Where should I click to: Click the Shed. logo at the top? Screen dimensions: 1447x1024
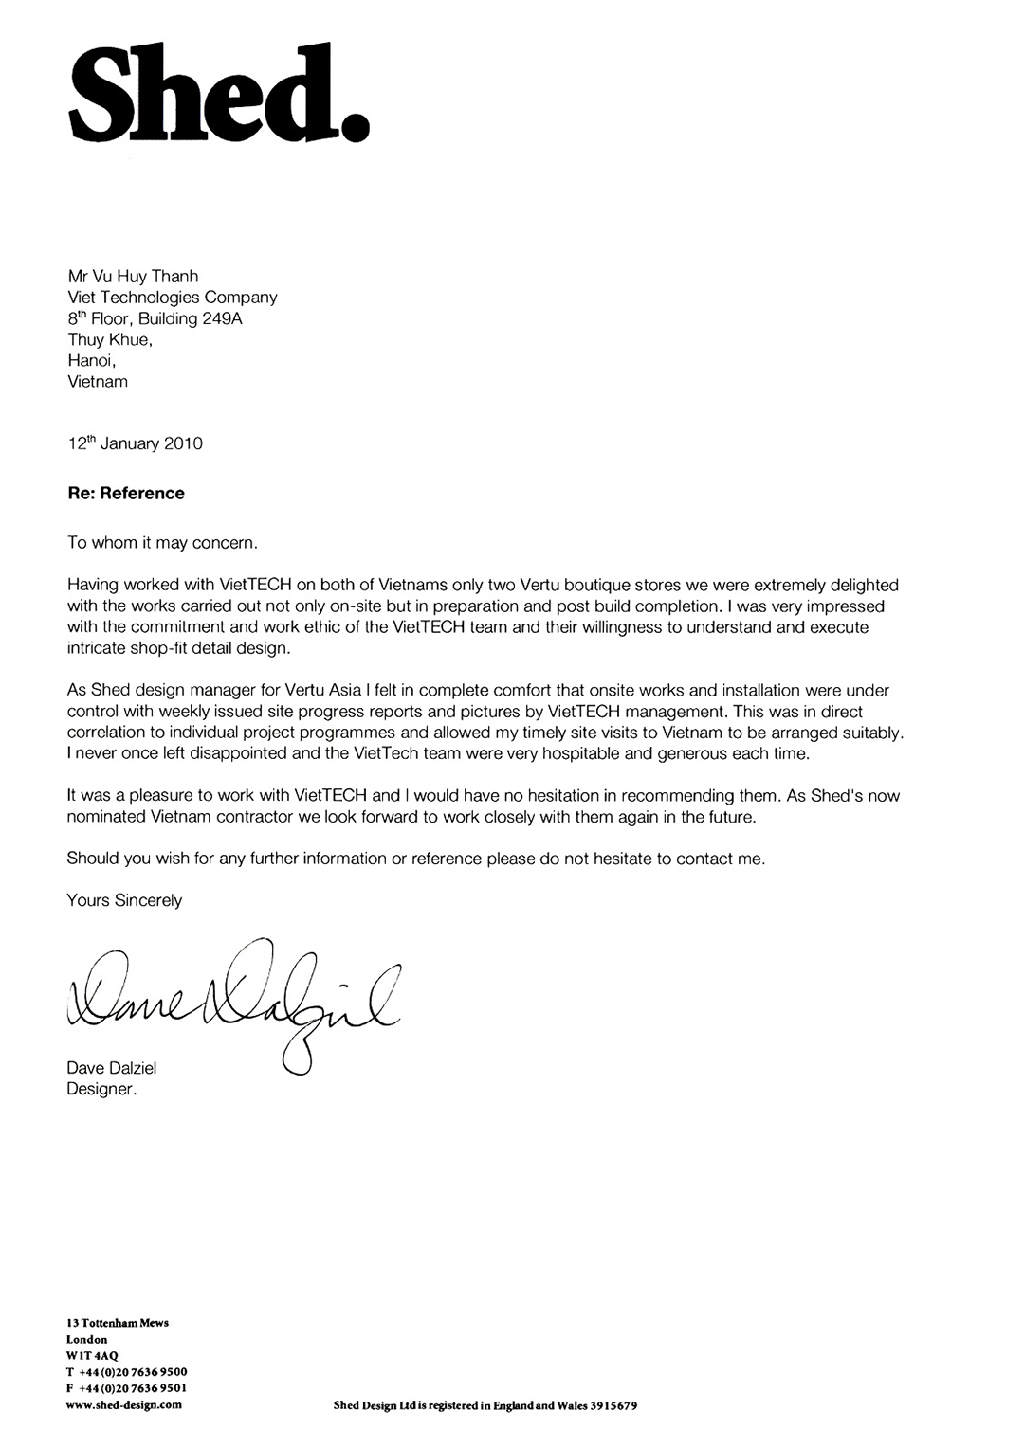point(217,93)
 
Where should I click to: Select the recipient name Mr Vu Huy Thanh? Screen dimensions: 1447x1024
point(133,276)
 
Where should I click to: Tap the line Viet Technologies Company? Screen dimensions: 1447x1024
point(172,297)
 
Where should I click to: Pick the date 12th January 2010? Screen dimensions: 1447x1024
point(135,443)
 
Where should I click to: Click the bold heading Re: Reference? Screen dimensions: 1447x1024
point(125,493)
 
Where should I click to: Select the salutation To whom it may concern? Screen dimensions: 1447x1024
point(162,543)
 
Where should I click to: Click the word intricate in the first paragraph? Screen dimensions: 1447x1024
point(97,649)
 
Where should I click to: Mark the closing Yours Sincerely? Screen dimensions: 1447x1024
point(124,900)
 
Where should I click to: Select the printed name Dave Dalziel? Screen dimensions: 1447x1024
point(112,1068)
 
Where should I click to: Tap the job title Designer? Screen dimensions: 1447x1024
point(101,1089)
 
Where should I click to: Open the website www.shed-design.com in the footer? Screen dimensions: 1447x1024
point(124,1404)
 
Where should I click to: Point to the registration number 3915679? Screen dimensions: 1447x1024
point(607,1405)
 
